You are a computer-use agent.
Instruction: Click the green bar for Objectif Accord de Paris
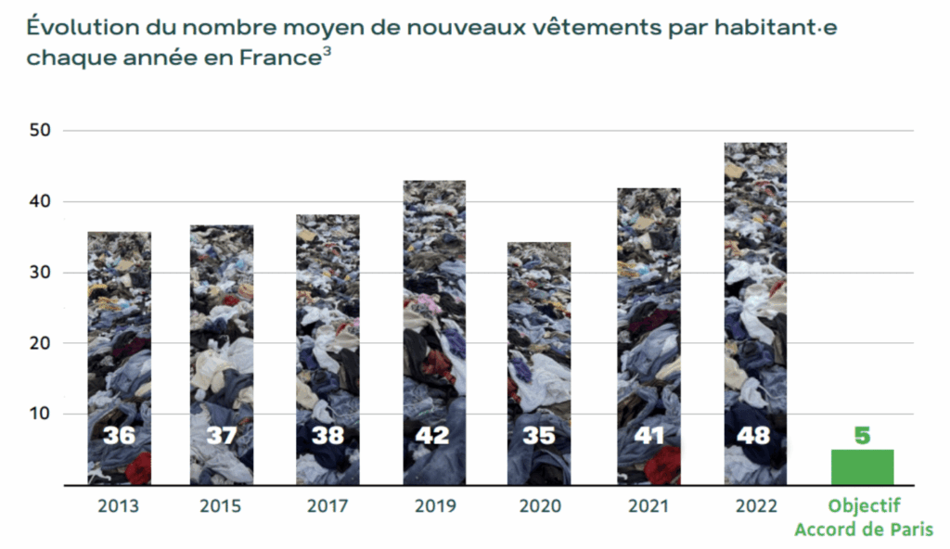coord(862,466)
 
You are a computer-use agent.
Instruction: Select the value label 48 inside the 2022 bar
coord(754,435)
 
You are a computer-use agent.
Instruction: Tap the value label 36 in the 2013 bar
coord(119,435)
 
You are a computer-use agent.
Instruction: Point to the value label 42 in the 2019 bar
coord(433,435)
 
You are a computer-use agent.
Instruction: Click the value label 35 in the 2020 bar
coord(538,435)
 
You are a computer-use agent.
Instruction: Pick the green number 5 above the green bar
coord(862,434)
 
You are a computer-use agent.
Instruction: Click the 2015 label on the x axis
coord(221,506)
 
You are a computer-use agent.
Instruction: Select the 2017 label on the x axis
coord(327,506)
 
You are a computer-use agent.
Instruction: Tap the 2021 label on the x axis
coord(648,506)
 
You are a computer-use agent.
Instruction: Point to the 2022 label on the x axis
coord(754,506)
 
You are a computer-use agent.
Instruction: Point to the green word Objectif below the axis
coord(864,507)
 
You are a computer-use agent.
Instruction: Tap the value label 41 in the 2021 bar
coord(648,435)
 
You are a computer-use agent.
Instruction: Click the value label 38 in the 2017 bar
coord(327,435)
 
